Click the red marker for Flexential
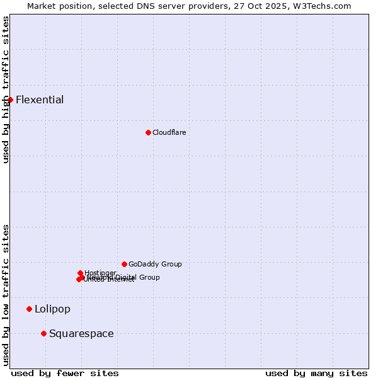(x=10, y=100)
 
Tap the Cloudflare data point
(x=148, y=132)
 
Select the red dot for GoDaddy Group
(x=124, y=264)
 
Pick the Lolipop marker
(x=29, y=309)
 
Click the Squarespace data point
(x=43, y=333)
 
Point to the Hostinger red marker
(x=80, y=273)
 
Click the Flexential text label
(x=40, y=100)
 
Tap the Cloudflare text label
(x=169, y=132)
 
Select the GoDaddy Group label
(x=155, y=264)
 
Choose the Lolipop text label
(x=52, y=309)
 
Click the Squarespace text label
(x=81, y=333)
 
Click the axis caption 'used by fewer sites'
(x=65, y=373)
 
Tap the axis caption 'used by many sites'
(x=316, y=373)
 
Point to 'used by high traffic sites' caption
(x=6, y=89)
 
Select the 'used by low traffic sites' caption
(x=6, y=295)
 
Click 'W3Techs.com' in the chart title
(x=324, y=6)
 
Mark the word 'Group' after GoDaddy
(x=171, y=264)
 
